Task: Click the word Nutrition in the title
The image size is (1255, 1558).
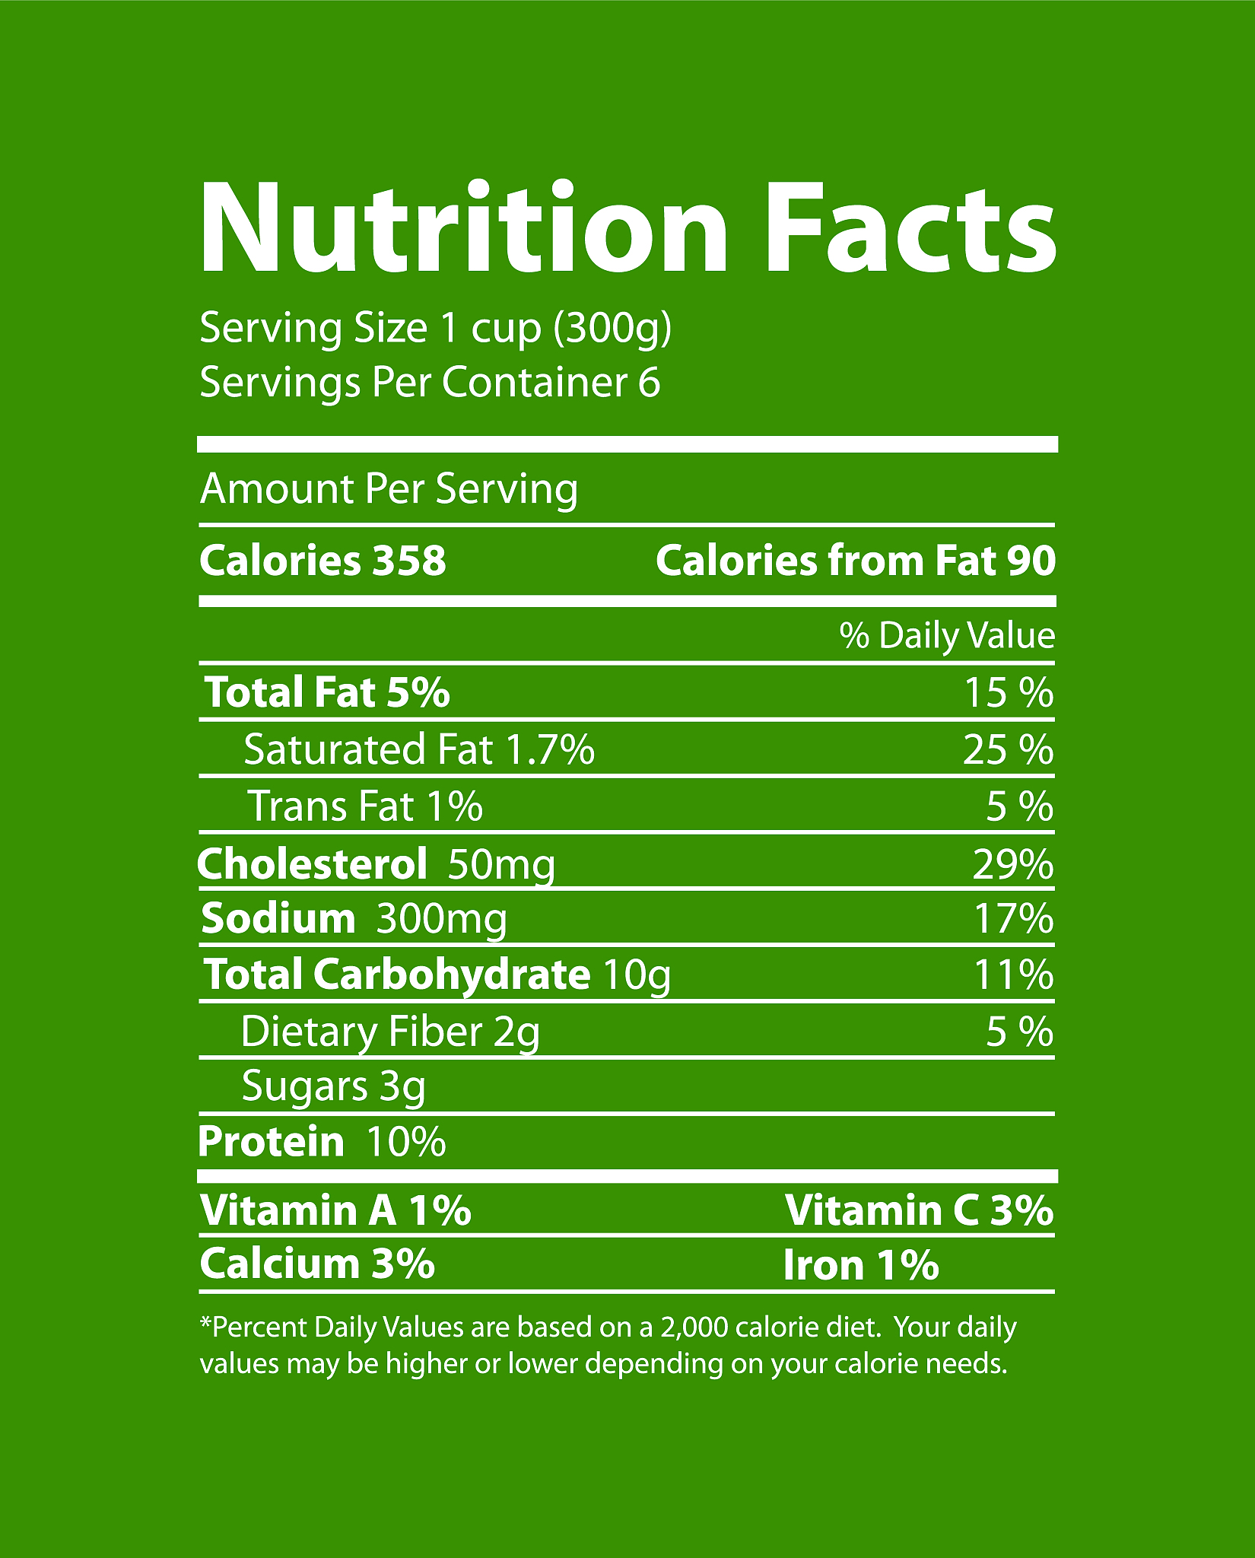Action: coord(464,228)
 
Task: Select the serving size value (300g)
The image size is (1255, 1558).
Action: coord(613,329)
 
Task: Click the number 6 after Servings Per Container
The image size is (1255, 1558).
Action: coord(649,382)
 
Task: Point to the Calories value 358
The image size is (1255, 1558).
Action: coord(409,561)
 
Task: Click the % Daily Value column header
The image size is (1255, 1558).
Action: coord(947,635)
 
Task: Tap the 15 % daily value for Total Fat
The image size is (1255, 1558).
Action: coord(1009,693)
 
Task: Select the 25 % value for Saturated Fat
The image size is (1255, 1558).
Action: coord(1008,750)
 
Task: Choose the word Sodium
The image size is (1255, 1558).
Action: coord(278,918)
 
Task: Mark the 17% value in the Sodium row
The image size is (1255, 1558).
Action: coord(1014,919)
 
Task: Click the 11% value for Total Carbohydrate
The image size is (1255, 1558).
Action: coord(1014,975)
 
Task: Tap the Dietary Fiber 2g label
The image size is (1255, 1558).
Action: coord(390,1032)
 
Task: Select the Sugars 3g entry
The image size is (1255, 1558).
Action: coord(333,1086)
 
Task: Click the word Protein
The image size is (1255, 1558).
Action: coord(272,1142)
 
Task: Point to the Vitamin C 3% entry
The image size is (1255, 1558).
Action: coord(920,1210)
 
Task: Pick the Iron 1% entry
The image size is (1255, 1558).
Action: coord(861,1265)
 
